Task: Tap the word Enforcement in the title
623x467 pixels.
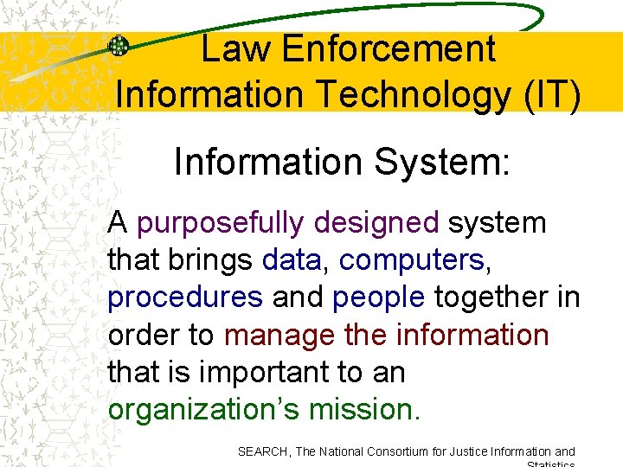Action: pyautogui.click(x=389, y=49)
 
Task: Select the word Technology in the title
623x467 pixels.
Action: pyautogui.click(x=412, y=93)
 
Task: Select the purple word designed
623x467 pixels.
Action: pyautogui.click(x=376, y=223)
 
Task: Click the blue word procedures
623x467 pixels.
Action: pyautogui.click(x=185, y=297)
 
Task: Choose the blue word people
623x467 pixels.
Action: pyautogui.click(x=379, y=297)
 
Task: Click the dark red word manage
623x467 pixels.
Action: pyautogui.click(x=279, y=334)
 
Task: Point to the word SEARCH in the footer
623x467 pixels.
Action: pyautogui.click(x=262, y=451)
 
